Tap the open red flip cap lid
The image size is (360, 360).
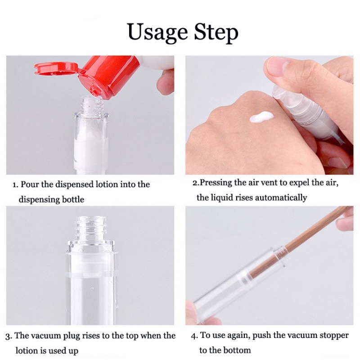[x=56, y=68]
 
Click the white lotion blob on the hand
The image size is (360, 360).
[x=261, y=117]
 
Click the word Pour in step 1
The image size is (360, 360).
[x=30, y=184]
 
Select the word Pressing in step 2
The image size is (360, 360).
[x=216, y=183]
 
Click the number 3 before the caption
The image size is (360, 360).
[x=8, y=337]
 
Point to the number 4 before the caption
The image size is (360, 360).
[x=194, y=336]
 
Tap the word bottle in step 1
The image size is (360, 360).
[x=73, y=199]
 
